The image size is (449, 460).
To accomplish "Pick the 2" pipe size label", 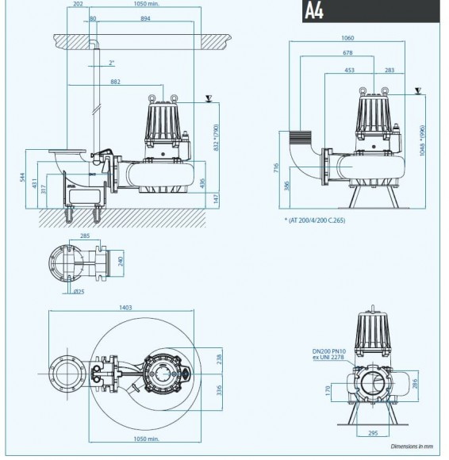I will click(x=113, y=62).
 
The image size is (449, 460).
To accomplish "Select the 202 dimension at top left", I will click(x=77, y=4).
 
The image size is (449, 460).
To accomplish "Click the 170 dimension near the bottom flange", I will click(x=328, y=390).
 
